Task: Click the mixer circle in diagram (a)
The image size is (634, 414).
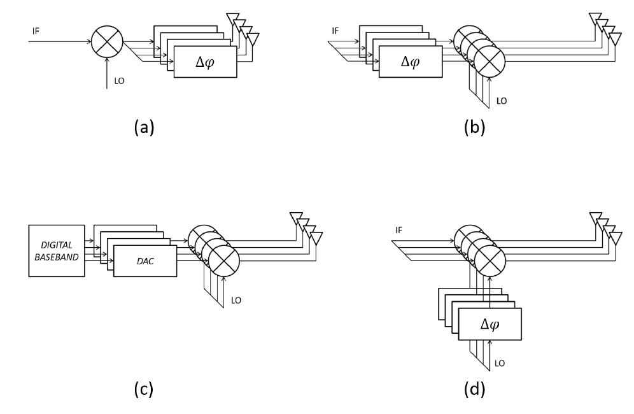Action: tap(106, 43)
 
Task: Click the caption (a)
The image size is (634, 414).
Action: tap(144, 127)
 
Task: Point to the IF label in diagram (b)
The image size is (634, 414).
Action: tap(335, 30)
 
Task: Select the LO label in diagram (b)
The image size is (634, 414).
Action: tap(502, 101)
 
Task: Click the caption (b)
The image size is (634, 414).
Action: tap(474, 127)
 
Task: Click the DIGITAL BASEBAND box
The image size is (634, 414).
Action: tap(57, 250)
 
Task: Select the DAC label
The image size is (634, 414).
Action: tap(144, 261)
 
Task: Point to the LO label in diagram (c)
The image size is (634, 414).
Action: tap(236, 299)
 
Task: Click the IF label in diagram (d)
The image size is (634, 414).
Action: tap(398, 230)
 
